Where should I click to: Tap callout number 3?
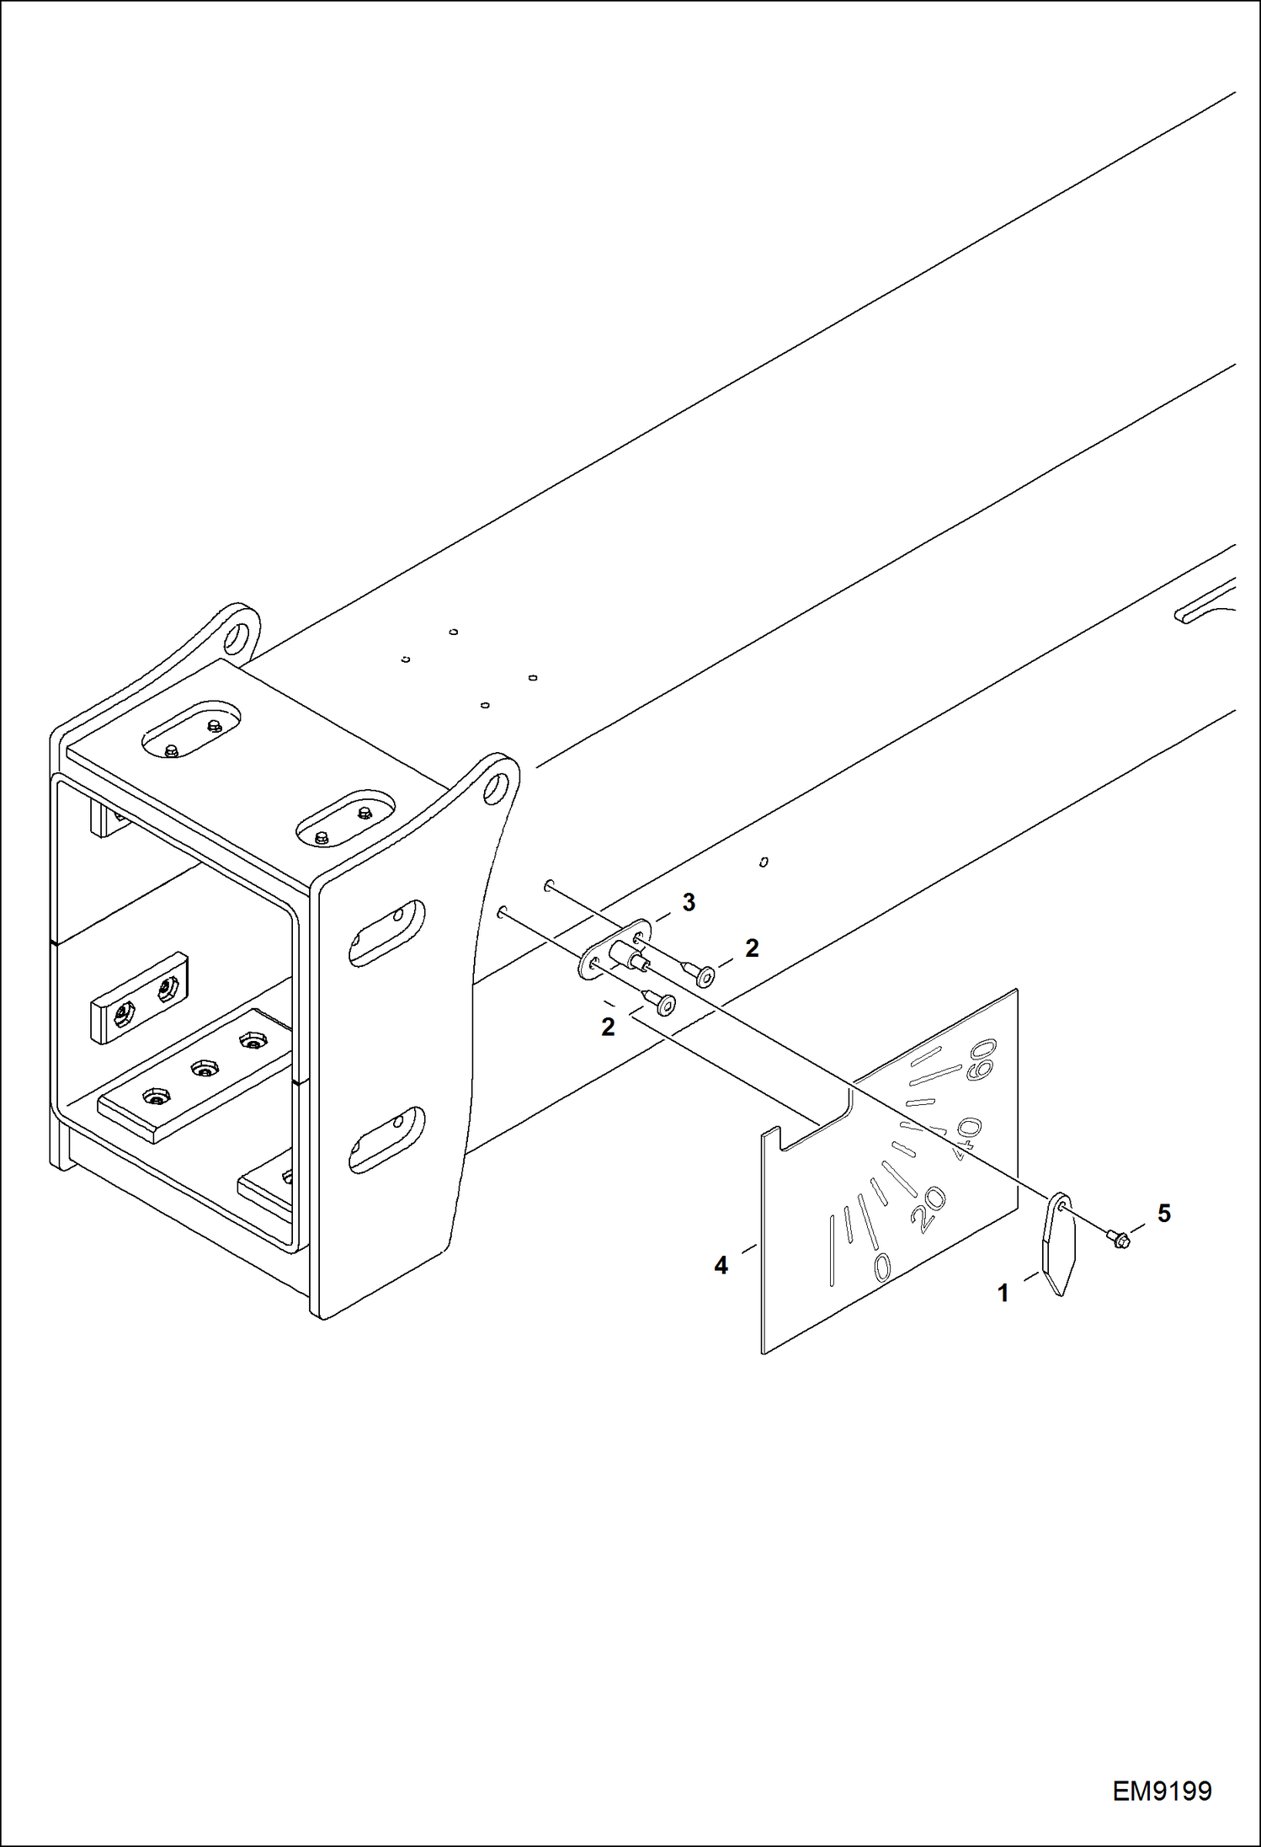(x=689, y=903)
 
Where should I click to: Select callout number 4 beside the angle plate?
(x=721, y=1265)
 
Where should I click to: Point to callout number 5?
(x=1163, y=1214)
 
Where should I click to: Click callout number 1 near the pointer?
(x=1003, y=1293)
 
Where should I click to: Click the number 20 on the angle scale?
(x=930, y=1209)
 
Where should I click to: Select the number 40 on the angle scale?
(x=967, y=1138)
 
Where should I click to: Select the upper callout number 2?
(x=752, y=948)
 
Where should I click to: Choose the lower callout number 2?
(x=608, y=1027)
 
